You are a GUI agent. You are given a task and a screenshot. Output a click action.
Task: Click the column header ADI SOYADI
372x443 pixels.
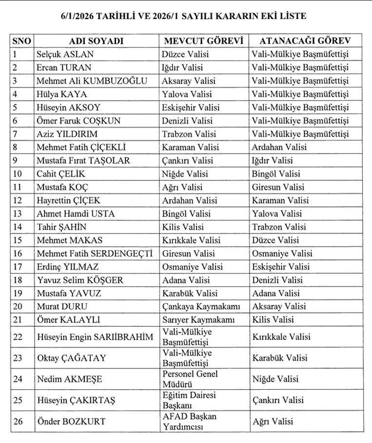(x=96, y=41)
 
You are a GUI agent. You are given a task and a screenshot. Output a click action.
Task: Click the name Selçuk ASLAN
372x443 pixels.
(x=65, y=54)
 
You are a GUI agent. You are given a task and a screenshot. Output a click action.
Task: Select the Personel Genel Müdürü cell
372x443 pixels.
(x=190, y=379)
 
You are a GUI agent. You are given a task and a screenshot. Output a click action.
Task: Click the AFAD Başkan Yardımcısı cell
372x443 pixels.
(x=190, y=421)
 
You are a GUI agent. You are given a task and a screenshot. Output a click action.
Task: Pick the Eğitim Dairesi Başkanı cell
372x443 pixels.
(x=190, y=400)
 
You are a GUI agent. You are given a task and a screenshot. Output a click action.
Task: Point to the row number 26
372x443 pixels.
(x=18, y=421)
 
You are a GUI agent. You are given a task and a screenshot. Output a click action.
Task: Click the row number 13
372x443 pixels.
(x=18, y=213)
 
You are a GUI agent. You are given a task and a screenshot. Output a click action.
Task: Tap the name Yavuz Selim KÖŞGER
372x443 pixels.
(x=80, y=280)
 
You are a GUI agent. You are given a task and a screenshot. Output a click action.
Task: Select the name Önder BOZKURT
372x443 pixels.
(x=71, y=421)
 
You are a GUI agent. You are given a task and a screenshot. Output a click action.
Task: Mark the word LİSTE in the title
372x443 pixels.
(x=291, y=16)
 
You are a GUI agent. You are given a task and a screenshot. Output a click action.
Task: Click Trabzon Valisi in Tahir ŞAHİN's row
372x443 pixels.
(x=279, y=227)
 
